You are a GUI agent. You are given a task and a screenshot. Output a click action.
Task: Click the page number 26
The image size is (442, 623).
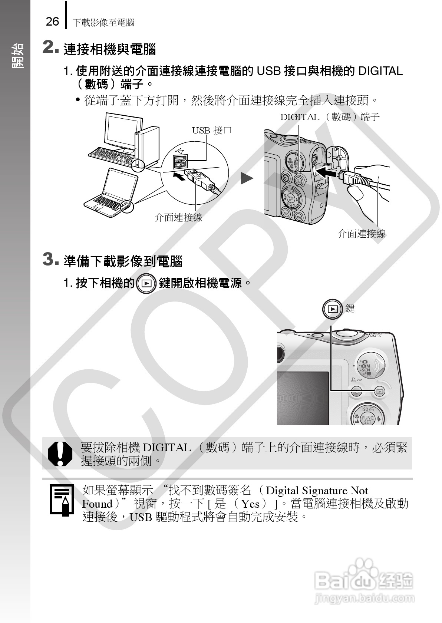coord(52,22)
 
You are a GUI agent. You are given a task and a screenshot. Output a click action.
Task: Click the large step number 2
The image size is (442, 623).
coord(50,47)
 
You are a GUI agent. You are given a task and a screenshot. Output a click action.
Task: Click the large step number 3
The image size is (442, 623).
coord(50,260)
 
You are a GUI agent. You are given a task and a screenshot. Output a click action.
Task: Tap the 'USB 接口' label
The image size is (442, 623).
coord(212,130)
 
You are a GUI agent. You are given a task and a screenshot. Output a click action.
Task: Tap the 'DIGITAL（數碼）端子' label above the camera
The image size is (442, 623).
coord(330,117)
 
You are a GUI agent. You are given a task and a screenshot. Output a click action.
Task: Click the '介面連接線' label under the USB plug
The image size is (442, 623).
coord(178,217)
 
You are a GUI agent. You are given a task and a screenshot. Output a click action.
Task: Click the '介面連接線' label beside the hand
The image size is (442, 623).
coord(362,234)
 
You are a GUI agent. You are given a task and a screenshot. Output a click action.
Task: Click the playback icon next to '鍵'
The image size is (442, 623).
coord(333,309)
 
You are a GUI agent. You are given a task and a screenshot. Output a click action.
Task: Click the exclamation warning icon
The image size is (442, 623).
coord(60,454)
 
